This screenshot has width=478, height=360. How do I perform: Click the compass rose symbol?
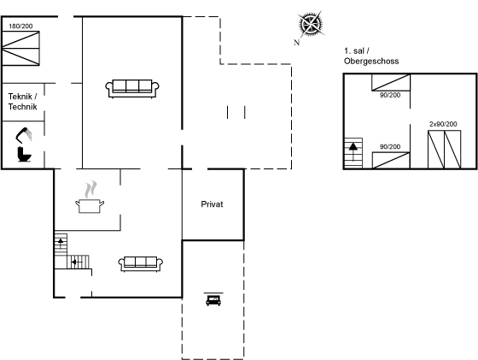(x=311, y=23)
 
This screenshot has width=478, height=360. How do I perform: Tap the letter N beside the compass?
(x=297, y=43)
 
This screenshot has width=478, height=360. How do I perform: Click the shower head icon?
(x=24, y=135)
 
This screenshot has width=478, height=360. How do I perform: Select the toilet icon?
(x=25, y=154)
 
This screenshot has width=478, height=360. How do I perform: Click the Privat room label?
(x=212, y=204)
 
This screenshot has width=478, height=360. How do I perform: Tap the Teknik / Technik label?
(x=23, y=102)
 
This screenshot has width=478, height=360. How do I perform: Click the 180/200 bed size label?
(x=20, y=27)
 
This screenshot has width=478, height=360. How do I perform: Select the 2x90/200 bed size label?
(x=443, y=124)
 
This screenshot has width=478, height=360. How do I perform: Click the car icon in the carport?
(x=213, y=300)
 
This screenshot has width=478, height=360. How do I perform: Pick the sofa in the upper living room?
(x=132, y=89)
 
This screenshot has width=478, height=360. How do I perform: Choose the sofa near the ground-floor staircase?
(x=141, y=264)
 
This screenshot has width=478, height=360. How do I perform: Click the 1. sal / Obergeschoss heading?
(x=371, y=56)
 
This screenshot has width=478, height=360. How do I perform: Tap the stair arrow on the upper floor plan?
(x=353, y=151)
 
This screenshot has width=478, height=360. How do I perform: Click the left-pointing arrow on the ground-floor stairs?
(x=77, y=262)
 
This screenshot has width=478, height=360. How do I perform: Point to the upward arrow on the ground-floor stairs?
(x=61, y=244)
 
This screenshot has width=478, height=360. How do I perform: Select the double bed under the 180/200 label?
(x=20, y=48)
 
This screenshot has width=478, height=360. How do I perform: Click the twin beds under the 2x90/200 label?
(x=444, y=150)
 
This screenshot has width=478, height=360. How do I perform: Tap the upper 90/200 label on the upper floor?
(x=390, y=95)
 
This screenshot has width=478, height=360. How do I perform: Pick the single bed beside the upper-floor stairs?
(x=391, y=160)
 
